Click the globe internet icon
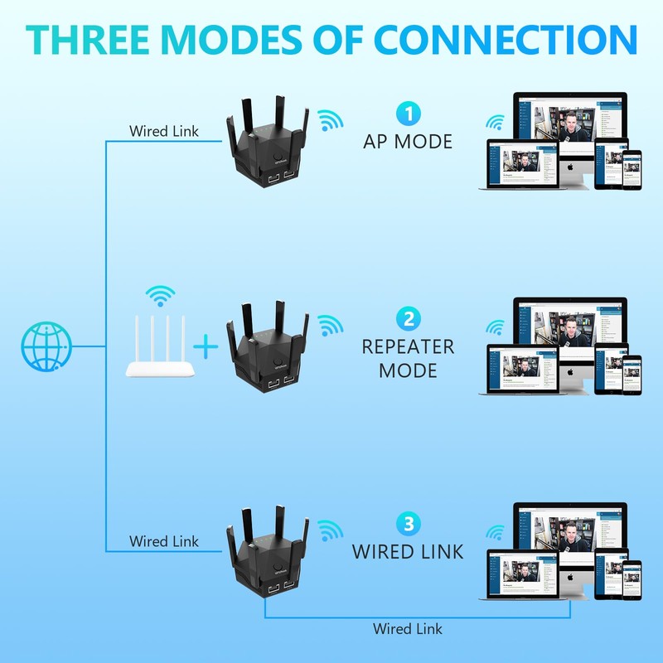point(46,346)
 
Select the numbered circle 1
point(408,114)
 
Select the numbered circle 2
point(408,318)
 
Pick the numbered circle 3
point(408,523)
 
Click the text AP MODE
point(408,142)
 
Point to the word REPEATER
point(408,346)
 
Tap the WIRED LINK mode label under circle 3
point(408,551)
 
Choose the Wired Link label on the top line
point(164,131)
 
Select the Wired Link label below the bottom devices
point(407,629)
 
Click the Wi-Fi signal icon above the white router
point(161,296)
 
